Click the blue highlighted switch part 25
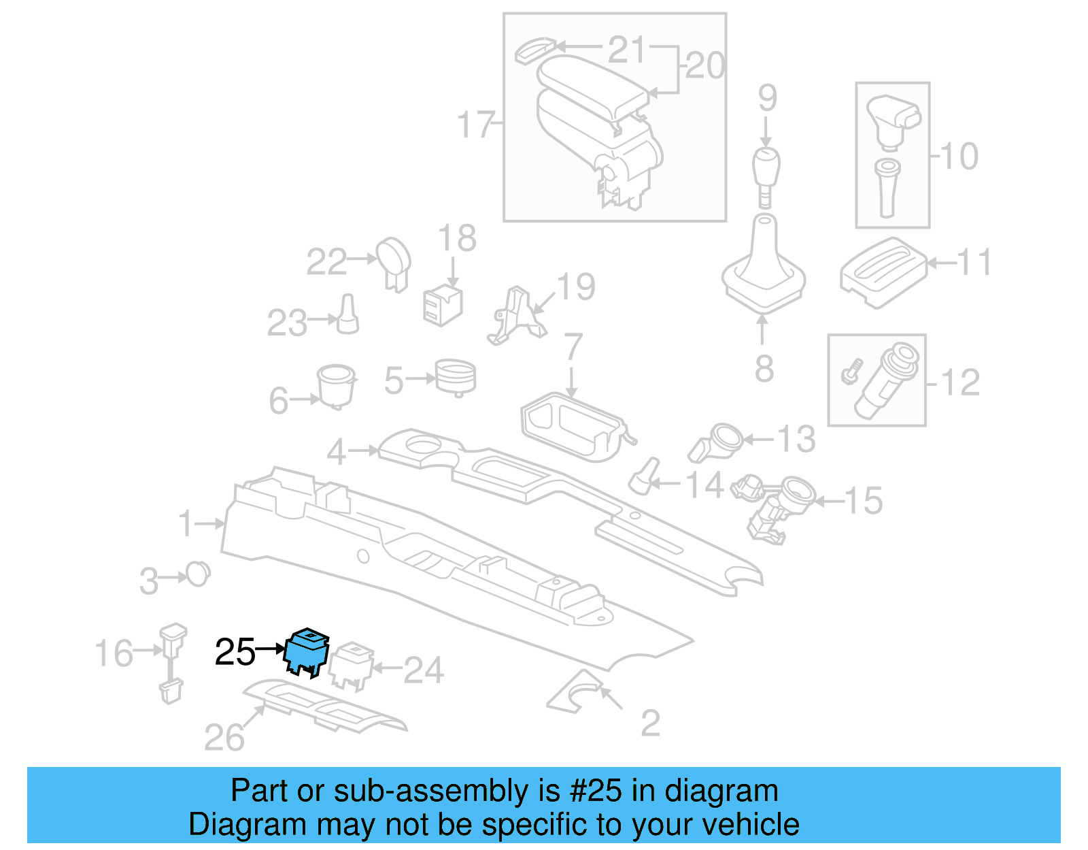307,652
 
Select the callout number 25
235,652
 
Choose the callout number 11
974,263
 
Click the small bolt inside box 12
851,371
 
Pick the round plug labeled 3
198,574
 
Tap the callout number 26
224,738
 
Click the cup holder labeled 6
337,385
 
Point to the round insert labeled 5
456,376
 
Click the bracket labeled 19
517,316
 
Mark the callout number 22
326,262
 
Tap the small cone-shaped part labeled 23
348,314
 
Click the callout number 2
650,723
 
